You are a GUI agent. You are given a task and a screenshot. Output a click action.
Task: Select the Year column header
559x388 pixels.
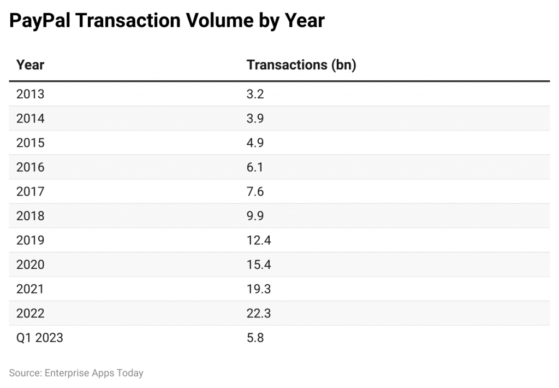(x=30, y=65)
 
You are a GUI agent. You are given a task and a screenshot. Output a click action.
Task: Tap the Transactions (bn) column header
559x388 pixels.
(x=301, y=65)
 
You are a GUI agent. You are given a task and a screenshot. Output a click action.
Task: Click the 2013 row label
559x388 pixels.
(x=31, y=94)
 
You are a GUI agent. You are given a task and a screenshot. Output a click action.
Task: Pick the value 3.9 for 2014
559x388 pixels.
(x=255, y=119)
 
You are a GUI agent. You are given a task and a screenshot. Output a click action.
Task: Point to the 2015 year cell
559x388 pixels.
(x=31, y=143)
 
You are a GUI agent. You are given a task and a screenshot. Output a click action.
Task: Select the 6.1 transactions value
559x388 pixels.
(x=255, y=167)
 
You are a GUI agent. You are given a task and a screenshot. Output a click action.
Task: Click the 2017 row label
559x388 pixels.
(x=31, y=191)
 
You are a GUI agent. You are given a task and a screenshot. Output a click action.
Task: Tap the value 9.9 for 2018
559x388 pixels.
(x=255, y=216)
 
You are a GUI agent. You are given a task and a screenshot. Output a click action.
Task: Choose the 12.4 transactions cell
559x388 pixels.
(x=259, y=240)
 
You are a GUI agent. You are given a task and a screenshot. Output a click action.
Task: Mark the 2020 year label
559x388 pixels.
(x=31, y=264)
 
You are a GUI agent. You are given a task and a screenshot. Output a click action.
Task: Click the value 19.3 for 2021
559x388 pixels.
(x=259, y=289)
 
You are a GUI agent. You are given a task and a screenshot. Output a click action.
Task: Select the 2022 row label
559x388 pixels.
(x=31, y=313)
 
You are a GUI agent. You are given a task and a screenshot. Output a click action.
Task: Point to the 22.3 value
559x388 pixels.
(x=259, y=313)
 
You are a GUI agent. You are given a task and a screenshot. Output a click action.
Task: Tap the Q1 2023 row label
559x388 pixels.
(x=40, y=338)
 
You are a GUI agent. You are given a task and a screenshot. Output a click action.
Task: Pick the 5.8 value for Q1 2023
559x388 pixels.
(x=255, y=338)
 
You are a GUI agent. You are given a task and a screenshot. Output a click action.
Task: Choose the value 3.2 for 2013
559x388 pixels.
(x=255, y=94)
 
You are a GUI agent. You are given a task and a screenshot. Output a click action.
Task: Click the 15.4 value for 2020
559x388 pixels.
(x=259, y=264)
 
